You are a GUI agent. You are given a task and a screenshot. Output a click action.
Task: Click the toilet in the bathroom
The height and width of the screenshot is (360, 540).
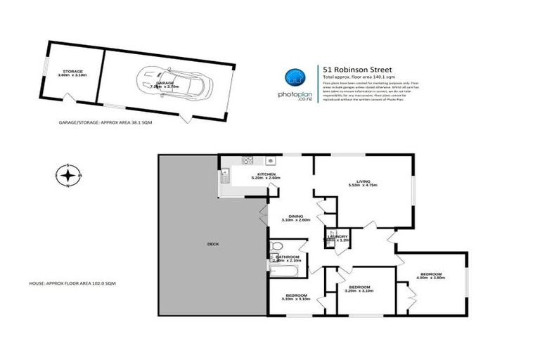click(x=276, y=246)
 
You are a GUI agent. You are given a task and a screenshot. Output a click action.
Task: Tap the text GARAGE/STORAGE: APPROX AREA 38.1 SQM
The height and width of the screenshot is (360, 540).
click(x=105, y=122)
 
